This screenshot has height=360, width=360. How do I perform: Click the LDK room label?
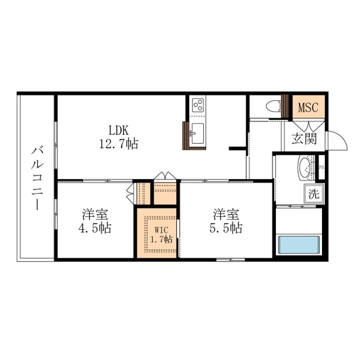pyautogui.click(x=118, y=130)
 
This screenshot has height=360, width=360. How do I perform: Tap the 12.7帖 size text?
pyautogui.click(x=118, y=144)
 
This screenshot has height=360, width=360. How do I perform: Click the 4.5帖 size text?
pyautogui.click(x=95, y=228)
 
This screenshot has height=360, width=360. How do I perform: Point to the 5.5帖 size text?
pyautogui.click(x=226, y=228)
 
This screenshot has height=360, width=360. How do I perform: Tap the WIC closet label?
pyautogui.click(x=161, y=230)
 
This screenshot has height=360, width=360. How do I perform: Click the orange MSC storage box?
pyautogui.click(x=308, y=107)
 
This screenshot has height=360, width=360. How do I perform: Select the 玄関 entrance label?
pyautogui.click(x=304, y=138)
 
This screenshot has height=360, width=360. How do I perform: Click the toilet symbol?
pyautogui.click(x=273, y=107)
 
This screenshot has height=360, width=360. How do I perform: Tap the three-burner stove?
pyautogui.click(x=198, y=105)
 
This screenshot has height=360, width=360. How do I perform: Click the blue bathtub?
pyautogui.click(x=298, y=244)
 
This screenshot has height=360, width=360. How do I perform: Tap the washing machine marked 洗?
pyautogui.click(x=313, y=194)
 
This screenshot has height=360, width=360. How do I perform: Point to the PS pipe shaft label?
pyautogui.click(x=321, y=167)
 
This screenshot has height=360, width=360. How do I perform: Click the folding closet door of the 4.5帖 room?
pyautogui.click(x=130, y=193)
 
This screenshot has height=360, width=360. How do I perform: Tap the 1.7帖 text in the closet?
pyautogui.click(x=161, y=239)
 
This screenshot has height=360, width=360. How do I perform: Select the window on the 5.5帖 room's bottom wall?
pyautogui.click(x=230, y=259)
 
